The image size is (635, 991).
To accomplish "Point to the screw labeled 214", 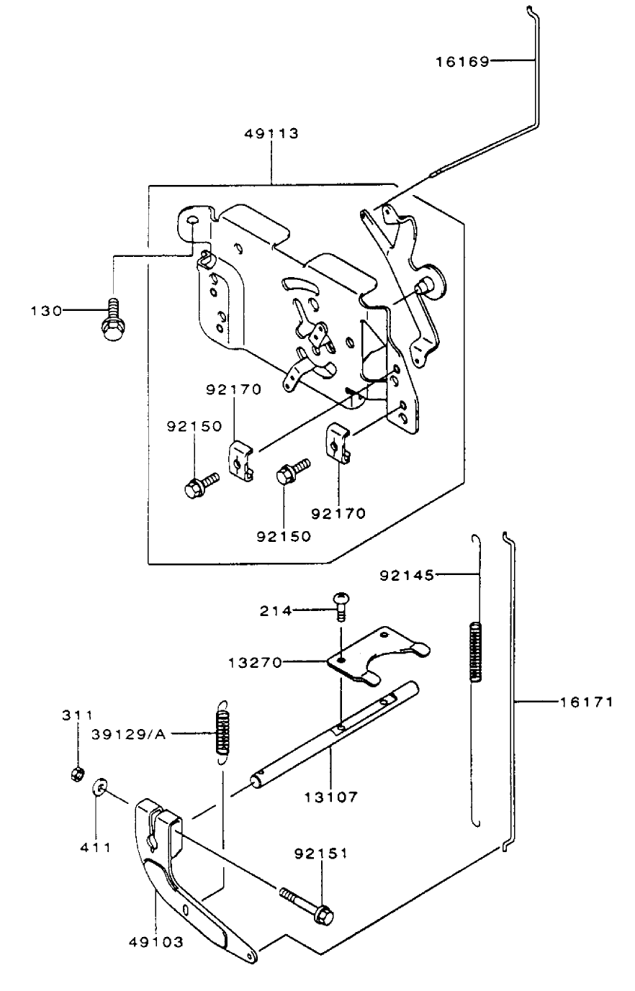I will tap(341, 603).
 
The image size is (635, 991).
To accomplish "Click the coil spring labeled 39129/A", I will tap(223, 731).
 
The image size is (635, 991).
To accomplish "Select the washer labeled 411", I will tap(99, 791).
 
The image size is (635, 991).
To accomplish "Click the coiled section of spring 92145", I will tap(475, 651).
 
